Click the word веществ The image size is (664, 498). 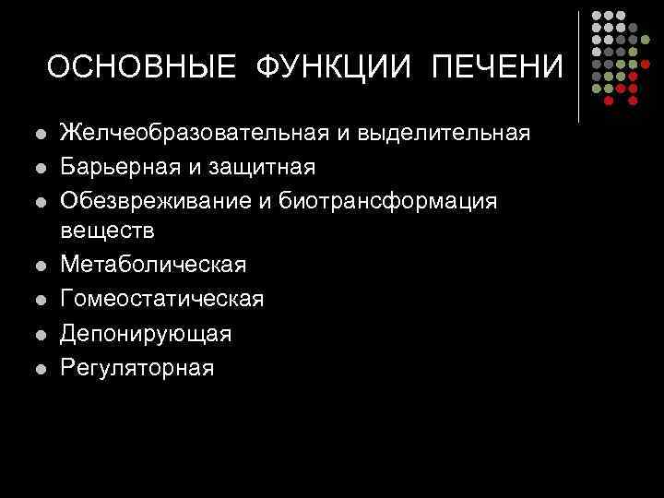point(107,231)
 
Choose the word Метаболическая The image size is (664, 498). point(153,266)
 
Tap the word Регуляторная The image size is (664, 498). point(137,367)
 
